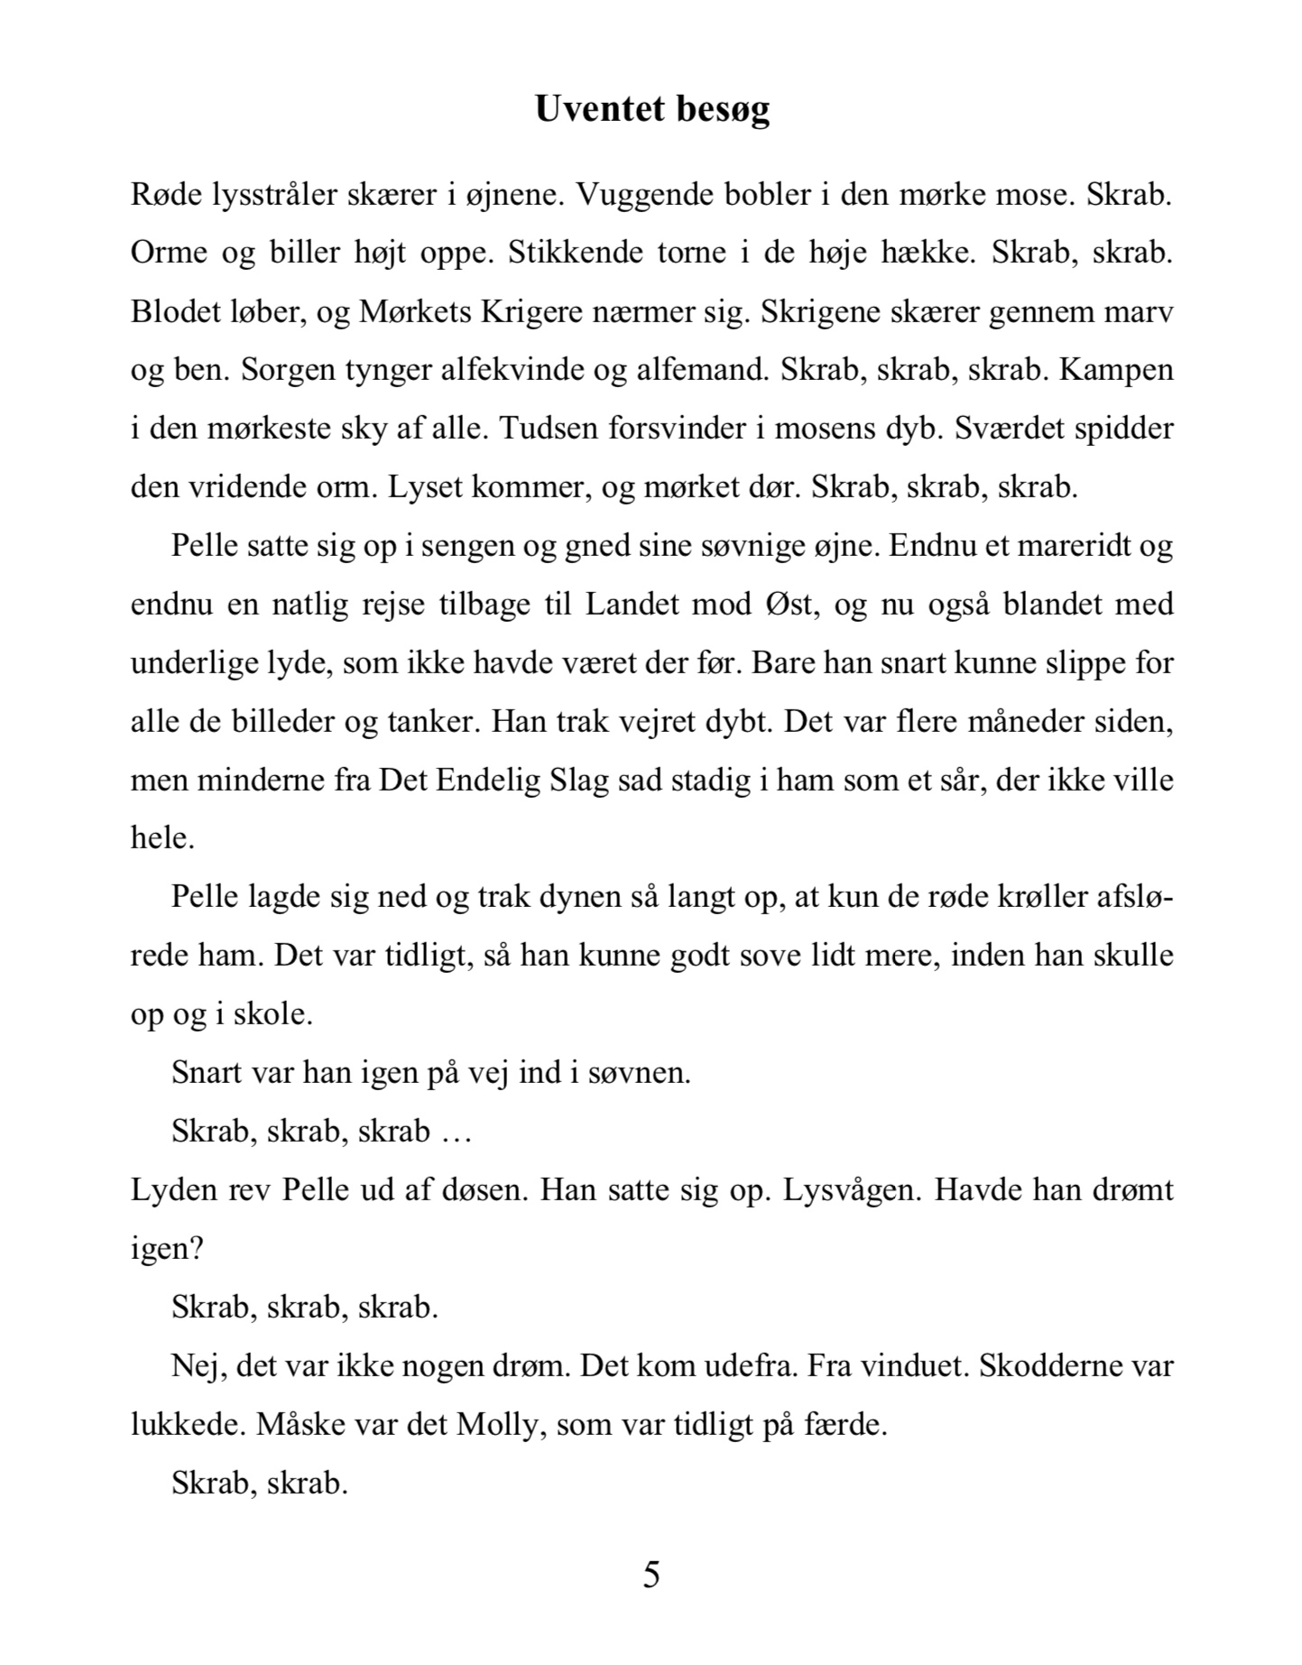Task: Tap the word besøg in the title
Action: [x=722, y=109]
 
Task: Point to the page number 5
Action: [x=651, y=1575]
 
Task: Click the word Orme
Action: [x=169, y=253]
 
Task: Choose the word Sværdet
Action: [x=1008, y=428]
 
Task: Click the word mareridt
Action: [x=1057, y=546]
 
